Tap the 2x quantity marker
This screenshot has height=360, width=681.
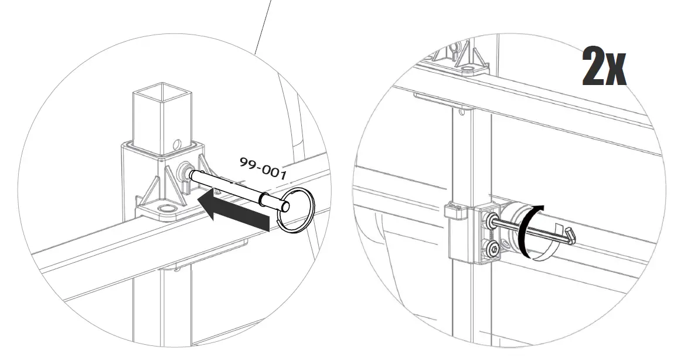[x=604, y=67]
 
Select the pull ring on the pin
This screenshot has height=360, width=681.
[x=296, y=210]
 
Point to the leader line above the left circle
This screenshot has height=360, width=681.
[x=264, y=23]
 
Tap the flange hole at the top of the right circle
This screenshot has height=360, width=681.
[x=468, y=70]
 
